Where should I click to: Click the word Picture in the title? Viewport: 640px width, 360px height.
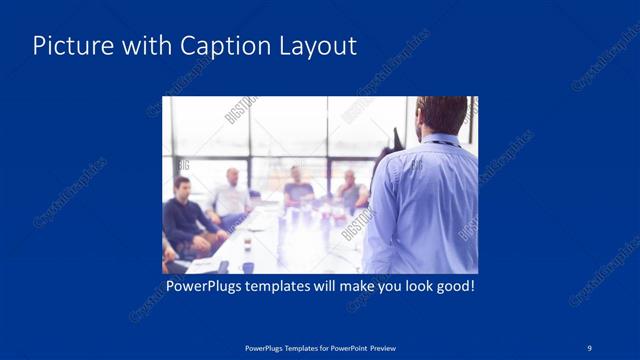click(67, 46)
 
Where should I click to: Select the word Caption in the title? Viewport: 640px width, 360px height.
click(219, 46)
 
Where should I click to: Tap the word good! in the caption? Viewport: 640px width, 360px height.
click(453, 287)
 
